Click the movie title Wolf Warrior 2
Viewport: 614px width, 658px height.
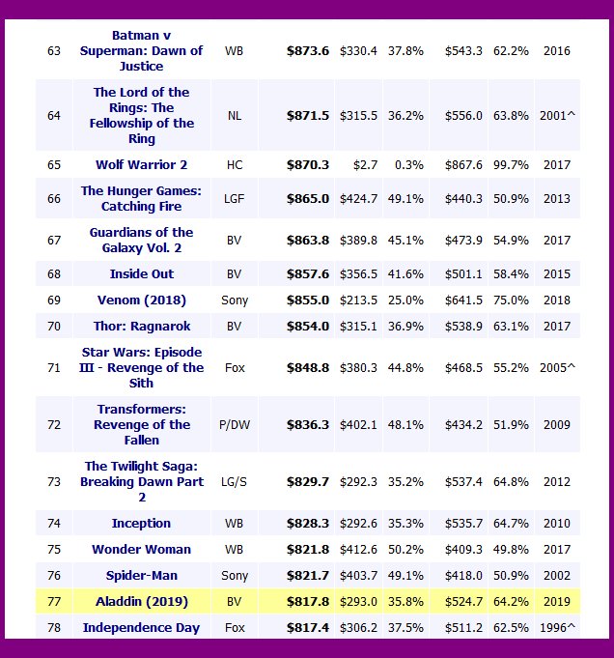point(142,164)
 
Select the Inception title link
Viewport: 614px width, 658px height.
point(141,523)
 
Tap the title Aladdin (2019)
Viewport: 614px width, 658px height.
point(141,601)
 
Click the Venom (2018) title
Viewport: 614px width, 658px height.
point(142,300)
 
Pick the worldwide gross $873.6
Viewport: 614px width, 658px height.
point(308,50)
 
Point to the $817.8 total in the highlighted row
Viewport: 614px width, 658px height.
point(308,601)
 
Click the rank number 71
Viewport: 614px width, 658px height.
point(54,367)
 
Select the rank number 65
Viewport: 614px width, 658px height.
point(54,164)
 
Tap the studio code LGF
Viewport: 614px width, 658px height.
point(235,198)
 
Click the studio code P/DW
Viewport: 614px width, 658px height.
point(235,424)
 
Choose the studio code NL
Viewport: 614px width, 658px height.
point(235,115)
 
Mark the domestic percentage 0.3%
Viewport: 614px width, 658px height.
point(408,164)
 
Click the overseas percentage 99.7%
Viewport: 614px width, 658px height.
point(510,164)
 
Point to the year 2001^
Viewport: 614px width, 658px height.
point(558,115)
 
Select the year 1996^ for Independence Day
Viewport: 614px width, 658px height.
point(558,627)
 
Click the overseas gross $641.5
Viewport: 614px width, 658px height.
point(462,300)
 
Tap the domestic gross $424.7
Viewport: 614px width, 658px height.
point(358,198)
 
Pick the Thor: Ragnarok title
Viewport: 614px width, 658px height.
point(142,326)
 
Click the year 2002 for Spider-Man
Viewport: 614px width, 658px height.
point(557,575)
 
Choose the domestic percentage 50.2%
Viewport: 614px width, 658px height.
point(405,549)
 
